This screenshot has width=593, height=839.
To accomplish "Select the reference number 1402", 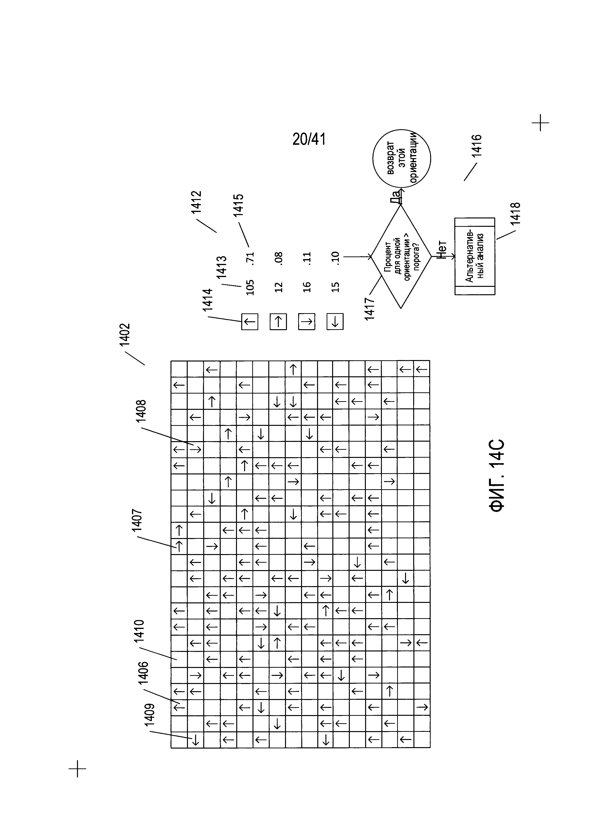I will (x=125, y=334).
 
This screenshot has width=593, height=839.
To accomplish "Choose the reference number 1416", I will (x=477, y=146).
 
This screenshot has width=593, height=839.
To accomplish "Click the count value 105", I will (x=250, y=287).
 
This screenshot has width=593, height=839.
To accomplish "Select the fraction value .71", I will (x=250, y=258).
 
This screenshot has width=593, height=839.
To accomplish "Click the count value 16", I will (x=307, y=287).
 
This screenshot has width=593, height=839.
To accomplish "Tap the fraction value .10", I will (x=335, y=258).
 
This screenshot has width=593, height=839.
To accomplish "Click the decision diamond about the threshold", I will (x=401, y=256).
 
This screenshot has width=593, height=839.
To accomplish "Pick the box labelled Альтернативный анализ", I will (x=475, y=256).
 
